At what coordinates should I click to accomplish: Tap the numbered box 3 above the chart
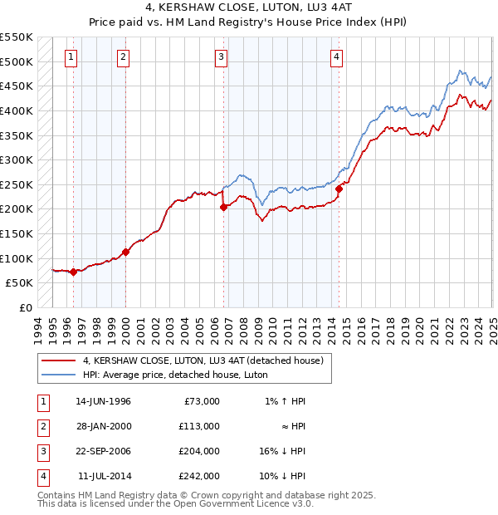point(222,57)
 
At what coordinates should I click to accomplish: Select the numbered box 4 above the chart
point(336,57)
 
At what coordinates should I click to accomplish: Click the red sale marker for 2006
point(224,208)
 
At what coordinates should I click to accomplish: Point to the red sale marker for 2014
point(339,189)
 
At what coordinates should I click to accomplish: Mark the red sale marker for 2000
point(126,252)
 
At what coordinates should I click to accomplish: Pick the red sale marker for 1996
point(73,272)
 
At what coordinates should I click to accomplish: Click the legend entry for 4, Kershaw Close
point(207,360)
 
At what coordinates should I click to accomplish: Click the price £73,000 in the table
point(202,400)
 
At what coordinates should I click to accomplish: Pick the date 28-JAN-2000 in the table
point(103,425)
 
